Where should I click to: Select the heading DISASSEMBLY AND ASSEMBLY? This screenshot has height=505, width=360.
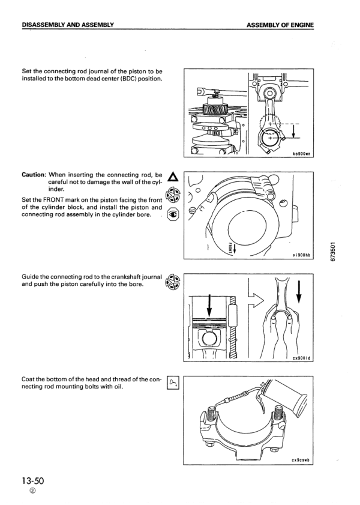point(68,25)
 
